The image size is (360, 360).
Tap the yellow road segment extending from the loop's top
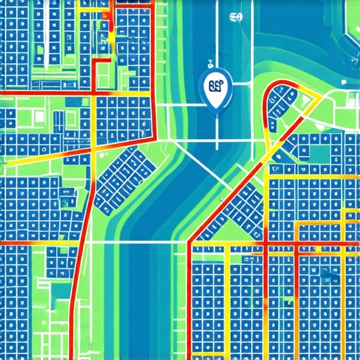(x=309, y=95)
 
